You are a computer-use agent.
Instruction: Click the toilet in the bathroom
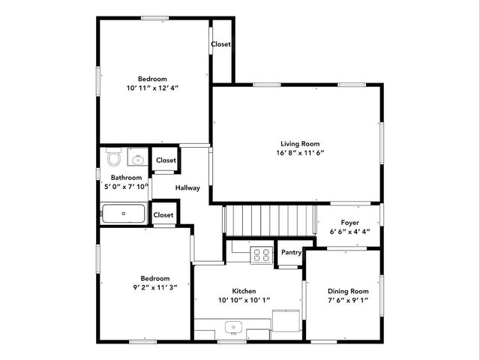(x=114, y=159)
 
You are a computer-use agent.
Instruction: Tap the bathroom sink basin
(x=138, y=159)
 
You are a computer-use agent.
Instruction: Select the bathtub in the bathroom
(x=124, y=214)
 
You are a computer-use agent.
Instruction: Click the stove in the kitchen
(x=261, y=255)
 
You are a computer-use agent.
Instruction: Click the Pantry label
(x=291, y=253)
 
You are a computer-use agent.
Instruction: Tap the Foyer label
(x=349, y=223)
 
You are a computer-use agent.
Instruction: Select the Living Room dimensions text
(x=300, y=153)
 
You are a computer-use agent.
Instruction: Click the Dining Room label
(x=348, y=291)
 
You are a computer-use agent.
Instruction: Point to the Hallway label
(x=187, y=187)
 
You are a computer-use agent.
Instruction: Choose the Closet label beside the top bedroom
(x=220, y=44)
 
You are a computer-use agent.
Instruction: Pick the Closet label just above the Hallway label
(x=165, y=160)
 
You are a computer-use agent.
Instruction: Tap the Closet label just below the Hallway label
(x=163, y=215)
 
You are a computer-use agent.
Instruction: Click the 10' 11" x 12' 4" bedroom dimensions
(x=152, y=88)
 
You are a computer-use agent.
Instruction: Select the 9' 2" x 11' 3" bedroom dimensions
(x=151, y=287)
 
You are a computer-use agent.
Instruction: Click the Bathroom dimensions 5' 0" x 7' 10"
(x=125, y=187)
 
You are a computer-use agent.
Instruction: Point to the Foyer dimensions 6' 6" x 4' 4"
(x=349, y=232)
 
